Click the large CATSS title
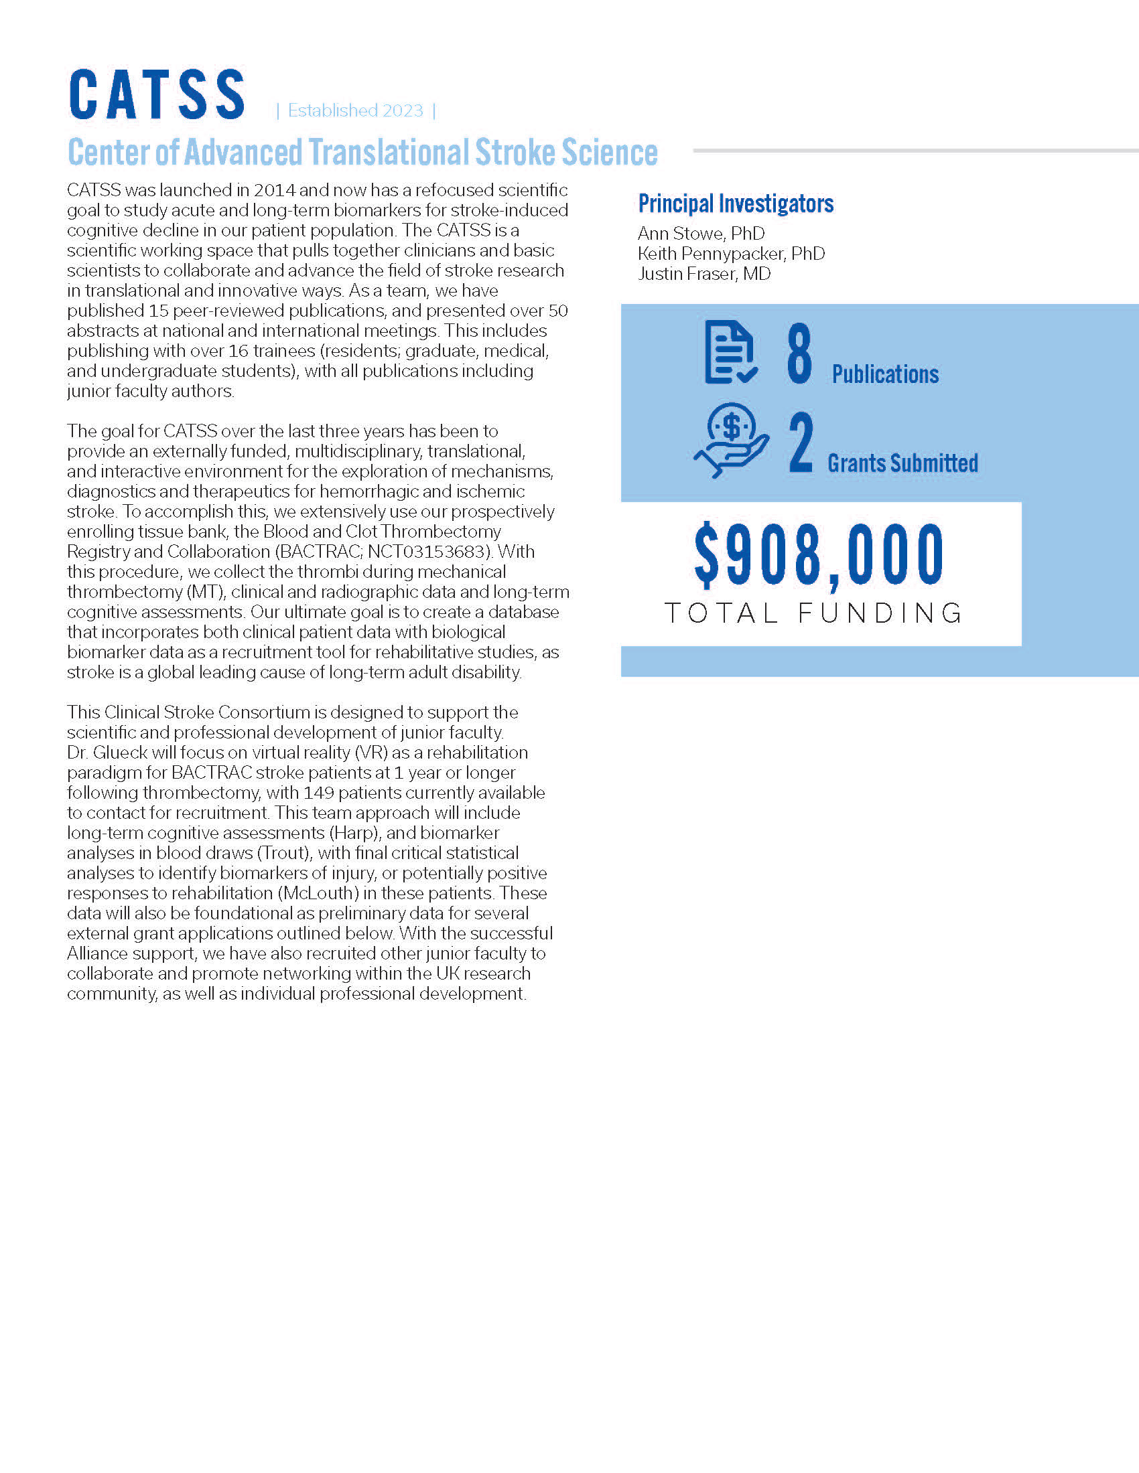pos(157,95)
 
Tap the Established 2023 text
pos(356,110)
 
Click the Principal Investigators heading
pos(736,204)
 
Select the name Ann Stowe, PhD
pos(701,234)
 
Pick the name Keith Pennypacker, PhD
pos(731,254)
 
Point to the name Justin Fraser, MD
pos(703,274)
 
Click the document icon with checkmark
pos(730,352)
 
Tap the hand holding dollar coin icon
pos(731,441)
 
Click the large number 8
pos(799,354)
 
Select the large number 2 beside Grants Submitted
pos(801,443)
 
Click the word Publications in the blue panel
pos(884,374)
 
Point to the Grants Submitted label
pos(902,463)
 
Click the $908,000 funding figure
pos(819,555)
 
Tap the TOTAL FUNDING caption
pos(814,613)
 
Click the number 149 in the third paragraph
pos(318,793)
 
